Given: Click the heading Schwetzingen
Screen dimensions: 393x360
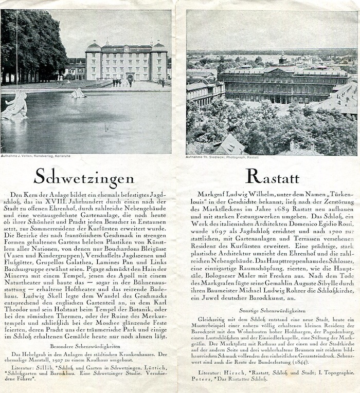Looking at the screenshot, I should (x=84, y=178).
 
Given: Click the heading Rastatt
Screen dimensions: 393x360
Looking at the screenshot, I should (x=272, y=177).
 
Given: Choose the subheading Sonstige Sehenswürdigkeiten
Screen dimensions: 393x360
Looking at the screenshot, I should (x=272, y=310).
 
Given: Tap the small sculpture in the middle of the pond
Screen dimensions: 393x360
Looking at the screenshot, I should (x=78, y=93).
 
